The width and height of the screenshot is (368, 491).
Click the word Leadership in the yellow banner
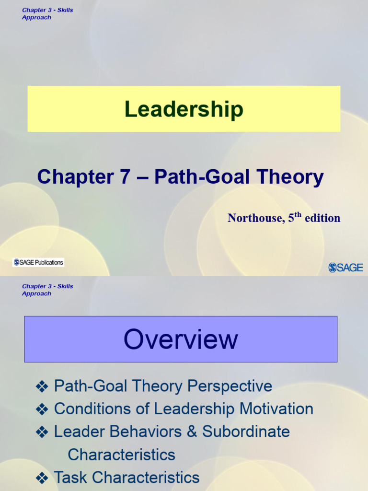pyautogui.click(x=184, y=109)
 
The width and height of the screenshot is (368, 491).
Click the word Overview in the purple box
pyautogui.click(x=181, y=339)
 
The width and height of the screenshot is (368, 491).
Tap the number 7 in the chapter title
pyautogui.click(x=124, y=177)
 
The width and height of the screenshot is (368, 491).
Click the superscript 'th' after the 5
pyautogui.click(x=298, y=214)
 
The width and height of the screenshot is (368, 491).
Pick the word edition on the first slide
pyautogui.click(x=322, y=218)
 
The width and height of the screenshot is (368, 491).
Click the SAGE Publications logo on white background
pyautogui.click(x=38, y=262)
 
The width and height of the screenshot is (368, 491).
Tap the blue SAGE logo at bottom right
pyautogui.click(x=345, y=268)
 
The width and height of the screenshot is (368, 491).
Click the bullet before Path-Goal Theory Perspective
pyautogui.click(x=42, y=386)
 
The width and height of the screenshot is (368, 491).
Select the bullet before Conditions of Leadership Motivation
pyautogui.click(x=42, y=409)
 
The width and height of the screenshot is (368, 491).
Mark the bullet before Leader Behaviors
pyautogui.click(x=42, y=432)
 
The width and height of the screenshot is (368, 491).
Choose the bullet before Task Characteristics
pyautogui.click(x=42, y=478)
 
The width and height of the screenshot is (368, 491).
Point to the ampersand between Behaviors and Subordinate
pyautogui.click(x=192, y=432)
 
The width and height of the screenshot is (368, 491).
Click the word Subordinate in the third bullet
pyautogui.click(x=246, y=432)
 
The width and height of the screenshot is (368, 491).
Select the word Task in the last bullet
pyautogui.click(x=70, y=478)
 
